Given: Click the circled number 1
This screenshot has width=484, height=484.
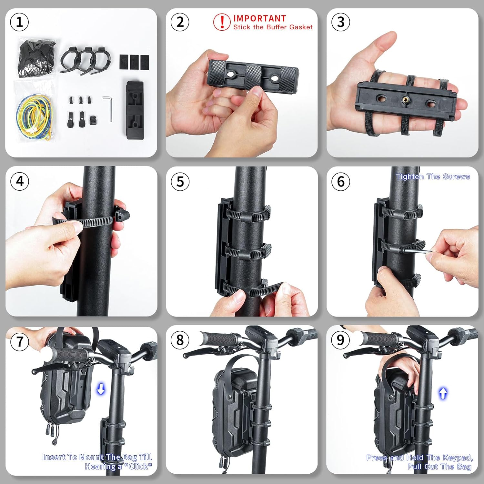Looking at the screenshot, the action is click(x=19, y=22).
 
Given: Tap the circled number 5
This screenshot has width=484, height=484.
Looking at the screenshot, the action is click(x=180, y=181).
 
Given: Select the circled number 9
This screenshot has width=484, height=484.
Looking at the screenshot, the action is click(x=340, y=340).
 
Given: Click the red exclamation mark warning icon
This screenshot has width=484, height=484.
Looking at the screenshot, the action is click(x=222, y=22).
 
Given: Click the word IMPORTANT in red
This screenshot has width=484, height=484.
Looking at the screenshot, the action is click(x=260, y=18).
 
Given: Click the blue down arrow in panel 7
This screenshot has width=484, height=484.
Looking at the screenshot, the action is click(x=101, y=389).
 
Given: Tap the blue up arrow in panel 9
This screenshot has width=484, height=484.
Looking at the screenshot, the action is click(x=443, y=393).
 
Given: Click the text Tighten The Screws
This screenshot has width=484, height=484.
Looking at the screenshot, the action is click(x=433, y=176).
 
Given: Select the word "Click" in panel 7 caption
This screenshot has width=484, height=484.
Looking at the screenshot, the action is click(x=138, y=466).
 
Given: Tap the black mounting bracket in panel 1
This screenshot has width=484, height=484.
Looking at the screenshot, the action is click(x=135, y=110).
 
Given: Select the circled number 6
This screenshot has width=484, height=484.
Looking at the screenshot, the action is click(x=341, y=181).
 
